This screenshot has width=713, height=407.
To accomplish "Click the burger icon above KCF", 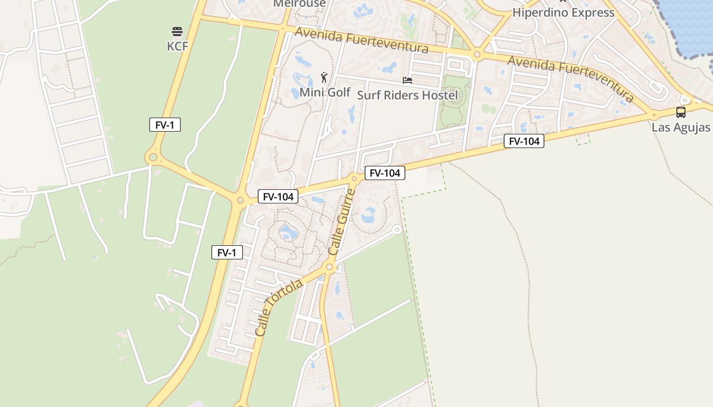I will [177, 32].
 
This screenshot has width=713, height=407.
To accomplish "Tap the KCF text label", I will [177, 46].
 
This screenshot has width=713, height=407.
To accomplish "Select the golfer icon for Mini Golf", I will [324, 78].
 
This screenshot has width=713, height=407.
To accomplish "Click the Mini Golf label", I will [325, 92].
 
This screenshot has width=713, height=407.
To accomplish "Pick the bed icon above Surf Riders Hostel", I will [407, 80].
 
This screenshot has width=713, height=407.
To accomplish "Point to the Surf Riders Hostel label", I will [407, 95].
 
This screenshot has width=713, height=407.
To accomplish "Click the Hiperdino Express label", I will [563, 13].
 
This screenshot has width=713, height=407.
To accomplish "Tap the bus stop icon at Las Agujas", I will [681, 112].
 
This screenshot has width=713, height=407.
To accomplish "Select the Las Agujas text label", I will [681, 127].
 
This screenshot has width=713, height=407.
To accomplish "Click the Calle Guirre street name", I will [341, 222].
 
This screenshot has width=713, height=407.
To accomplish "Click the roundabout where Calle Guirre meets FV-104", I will [354, 178].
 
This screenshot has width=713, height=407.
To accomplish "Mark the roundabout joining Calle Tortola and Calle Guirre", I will [330, 267].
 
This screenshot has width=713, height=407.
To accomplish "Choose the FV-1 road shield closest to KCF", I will [165, 125].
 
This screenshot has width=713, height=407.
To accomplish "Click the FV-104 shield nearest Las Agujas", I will [524, 141].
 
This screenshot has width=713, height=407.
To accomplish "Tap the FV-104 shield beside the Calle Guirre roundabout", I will [385, 173].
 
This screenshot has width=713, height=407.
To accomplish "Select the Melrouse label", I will [299, 4].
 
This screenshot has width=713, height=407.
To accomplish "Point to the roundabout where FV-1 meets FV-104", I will [240, 200].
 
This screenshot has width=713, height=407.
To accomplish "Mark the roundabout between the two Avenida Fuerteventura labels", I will [477, 54].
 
